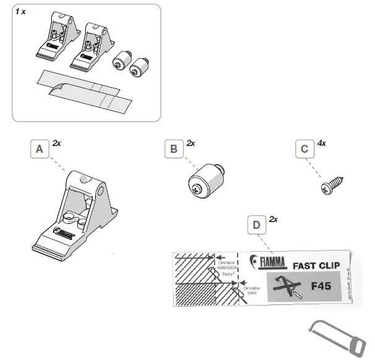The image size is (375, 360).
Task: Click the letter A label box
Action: (x=39, y=150)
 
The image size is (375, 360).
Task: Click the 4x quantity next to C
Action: (x=322, y=143)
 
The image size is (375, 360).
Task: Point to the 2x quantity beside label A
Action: (x=57, y=143)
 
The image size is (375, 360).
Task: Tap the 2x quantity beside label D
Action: (x=272, y=220)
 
